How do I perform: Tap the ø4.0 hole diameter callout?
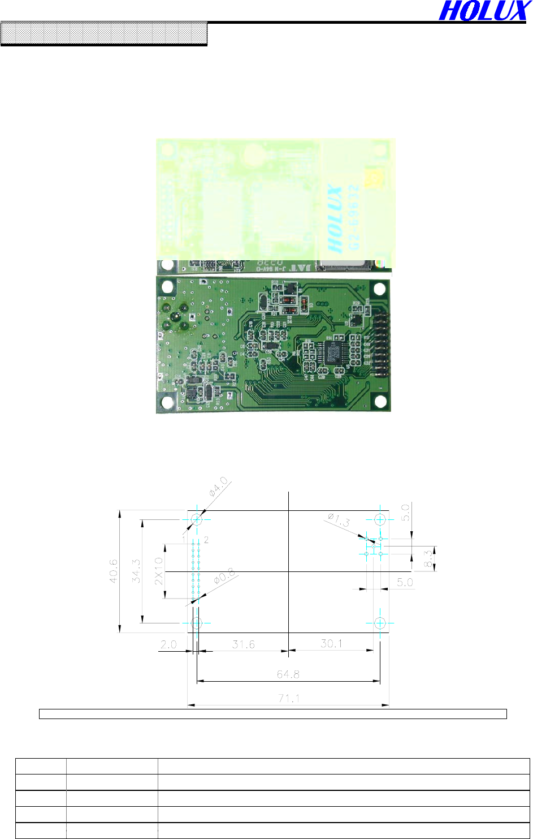tap(218, 487)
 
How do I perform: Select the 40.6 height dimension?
tap(113, 571)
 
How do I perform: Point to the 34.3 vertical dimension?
tap(136, 571)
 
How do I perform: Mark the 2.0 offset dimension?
tap(168, 644)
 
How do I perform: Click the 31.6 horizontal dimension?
tap(243, 644)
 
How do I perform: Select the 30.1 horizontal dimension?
tap(331, 643)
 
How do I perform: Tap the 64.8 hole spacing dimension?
tap(288, 674)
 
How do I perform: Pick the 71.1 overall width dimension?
tap(288, 699)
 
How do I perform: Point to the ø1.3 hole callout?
tap(339, 520)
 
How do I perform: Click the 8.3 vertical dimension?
tap(428, 558)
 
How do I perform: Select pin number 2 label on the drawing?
tap(206, 540)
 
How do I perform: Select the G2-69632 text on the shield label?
tap(354, 218)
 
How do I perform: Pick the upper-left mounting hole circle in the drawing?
tap(197, 519)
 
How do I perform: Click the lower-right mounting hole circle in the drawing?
tap(380, 623)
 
